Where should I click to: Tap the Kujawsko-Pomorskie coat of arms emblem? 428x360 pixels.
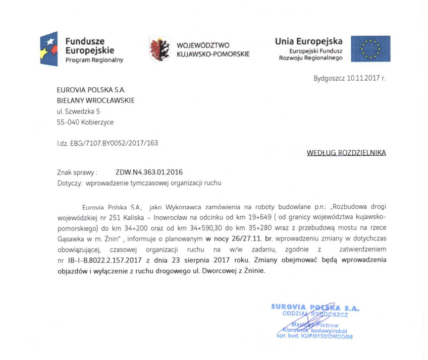tap(159, 49)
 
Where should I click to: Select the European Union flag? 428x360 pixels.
tap(370, 49)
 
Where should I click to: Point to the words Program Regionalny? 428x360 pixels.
tap(94, 60)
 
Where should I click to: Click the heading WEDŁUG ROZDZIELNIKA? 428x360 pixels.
tap(346, 152)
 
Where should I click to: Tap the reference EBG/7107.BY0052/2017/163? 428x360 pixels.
tap(119, 143)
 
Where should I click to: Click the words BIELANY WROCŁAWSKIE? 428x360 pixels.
tap(95, 100)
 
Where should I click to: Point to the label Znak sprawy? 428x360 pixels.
tap(77, 172)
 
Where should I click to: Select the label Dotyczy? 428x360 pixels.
tap(70, 183)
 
